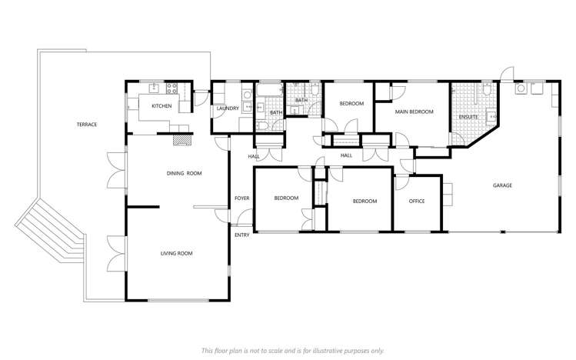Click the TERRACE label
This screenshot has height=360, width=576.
[86, 125]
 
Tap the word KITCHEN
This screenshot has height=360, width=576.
[161, 106]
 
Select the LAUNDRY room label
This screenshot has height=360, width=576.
[227, 108]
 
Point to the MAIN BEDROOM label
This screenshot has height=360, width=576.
[414, 112]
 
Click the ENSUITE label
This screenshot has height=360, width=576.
[468, 117]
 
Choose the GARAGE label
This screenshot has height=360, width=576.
[502, 185]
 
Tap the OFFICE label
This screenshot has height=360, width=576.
[417, 202]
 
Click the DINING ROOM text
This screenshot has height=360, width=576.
[184, 174]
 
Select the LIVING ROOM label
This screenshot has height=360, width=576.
[176, 253]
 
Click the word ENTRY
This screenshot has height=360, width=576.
[242, 235]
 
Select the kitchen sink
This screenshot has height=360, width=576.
[153, 87]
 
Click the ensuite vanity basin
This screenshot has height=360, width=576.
[493, 117]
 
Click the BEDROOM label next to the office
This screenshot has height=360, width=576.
[365, 202]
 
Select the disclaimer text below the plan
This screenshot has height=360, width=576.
[291, 350]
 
